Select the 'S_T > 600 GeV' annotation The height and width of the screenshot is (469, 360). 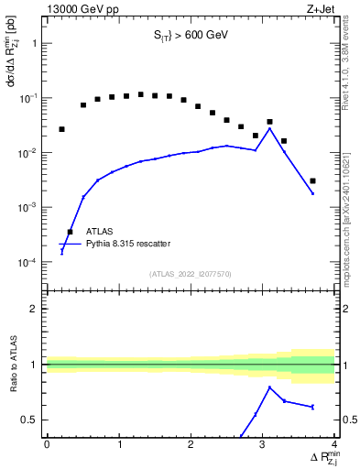tap(191, 36)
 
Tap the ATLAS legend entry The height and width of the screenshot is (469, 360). tap(102, 232)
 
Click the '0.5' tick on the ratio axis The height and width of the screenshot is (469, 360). tap(31, 420)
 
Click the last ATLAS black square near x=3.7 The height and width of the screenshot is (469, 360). tap(312, 181)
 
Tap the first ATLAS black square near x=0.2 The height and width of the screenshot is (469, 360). tap(61, 129)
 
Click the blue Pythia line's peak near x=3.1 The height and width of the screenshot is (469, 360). tap(269, 128)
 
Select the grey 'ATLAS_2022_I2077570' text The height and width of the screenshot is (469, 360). tap(191, 273)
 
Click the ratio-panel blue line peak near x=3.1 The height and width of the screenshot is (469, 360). tap(269, 387)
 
